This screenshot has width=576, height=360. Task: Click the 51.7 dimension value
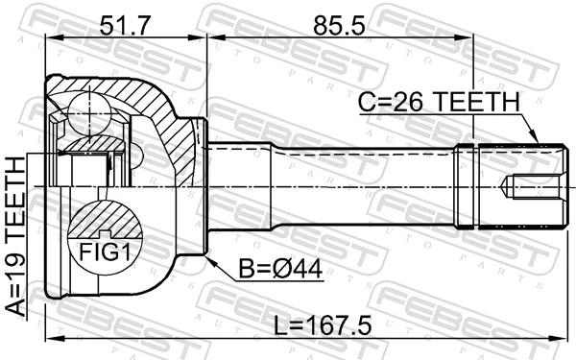click(x=124, y=21)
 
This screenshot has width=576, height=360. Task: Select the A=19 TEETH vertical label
click(x=15, y=238)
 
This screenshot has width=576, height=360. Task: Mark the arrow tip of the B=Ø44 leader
click(x=207, y=257)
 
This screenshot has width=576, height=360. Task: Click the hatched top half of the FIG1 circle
click(x=104, y=220)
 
